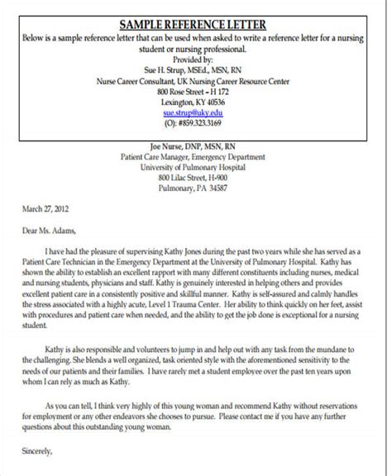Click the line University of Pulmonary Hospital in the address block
[x=197, y=164]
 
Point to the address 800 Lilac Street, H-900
[x=197, y=176]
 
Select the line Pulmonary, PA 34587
[x=197, y=188]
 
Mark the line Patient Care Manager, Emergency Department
[x=197, y=153]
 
